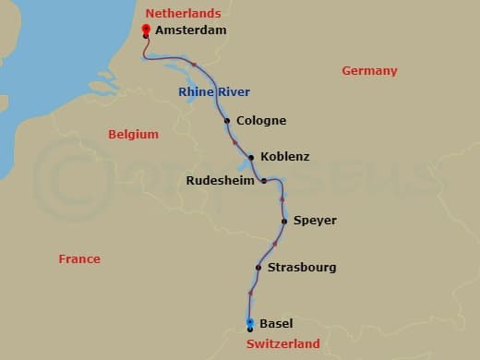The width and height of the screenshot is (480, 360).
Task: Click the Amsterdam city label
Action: click(190, 30)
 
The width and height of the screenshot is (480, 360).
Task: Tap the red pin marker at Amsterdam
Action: click(146, 30)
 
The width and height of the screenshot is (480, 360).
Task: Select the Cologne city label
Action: click(261, 121)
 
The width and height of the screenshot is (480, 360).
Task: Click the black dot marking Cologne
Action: click(227, 121)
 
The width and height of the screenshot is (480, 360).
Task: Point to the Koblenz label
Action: click(285, 157)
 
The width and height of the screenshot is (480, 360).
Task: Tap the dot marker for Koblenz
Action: click(251, 157)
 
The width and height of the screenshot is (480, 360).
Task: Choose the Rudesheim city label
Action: click(221, 181)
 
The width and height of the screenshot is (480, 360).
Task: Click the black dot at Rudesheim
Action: click(264, 181)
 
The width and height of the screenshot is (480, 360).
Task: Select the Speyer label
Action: click(315, 221)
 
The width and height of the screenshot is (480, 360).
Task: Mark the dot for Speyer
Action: click(283, 222)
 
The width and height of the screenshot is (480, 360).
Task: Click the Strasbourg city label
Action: click(301, 268)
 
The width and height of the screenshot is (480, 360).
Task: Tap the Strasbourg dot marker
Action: click(258, 269)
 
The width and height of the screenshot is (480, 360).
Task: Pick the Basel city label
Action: click(276, 324)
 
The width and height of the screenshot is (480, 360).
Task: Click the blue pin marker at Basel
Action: click(250, 323)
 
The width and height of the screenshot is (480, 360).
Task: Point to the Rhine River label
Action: click(214, 91)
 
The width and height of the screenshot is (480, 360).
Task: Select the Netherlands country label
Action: click(183, 13)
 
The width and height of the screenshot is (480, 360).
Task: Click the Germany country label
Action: click(369, 71)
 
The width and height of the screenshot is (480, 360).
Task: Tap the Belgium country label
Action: click(133, 135)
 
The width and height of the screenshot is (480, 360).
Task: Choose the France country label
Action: click(79, 259)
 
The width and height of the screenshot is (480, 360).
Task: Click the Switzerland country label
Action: click(283, 344)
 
